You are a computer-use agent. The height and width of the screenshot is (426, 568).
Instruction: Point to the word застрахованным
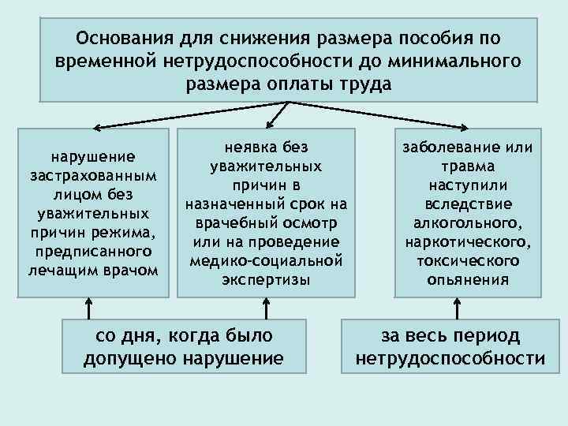coord(92,174)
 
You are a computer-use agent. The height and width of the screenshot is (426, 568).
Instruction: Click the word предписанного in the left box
coord(92,252)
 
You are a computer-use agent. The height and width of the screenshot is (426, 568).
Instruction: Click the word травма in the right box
coord(469,166)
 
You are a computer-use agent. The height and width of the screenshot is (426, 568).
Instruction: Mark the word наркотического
coord(469,241)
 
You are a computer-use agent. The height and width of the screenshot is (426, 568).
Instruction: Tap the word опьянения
coord(469,279)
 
